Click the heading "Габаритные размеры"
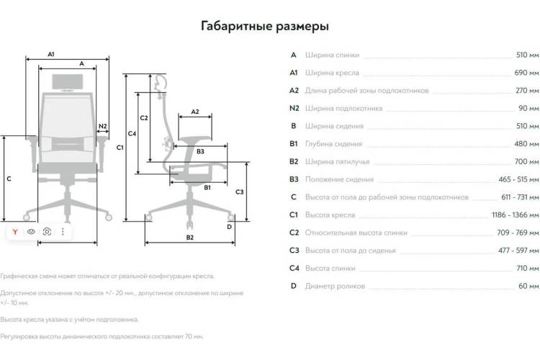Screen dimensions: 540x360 (x=265, y=26)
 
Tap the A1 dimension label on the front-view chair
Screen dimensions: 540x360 (x=51, y=54)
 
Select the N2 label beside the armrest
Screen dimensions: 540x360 (x=103, y=126)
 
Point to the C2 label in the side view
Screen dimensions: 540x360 (x=144, y=118)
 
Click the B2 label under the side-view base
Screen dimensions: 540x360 (x=190, y=238)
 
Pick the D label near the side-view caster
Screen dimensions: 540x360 (x=230, y=227)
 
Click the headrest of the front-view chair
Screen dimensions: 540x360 (x=67, y=81)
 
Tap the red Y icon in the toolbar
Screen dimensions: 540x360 (x=15, y=232)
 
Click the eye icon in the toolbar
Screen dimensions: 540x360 (x=31, y=232)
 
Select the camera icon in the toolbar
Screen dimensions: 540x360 (x=48, y=232)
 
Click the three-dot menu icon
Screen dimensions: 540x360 (x=63, y=232)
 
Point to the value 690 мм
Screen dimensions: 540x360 (x=526, y=73)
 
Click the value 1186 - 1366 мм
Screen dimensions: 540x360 (x=516, y=215)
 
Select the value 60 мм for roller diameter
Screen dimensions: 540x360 (x=528, y=286)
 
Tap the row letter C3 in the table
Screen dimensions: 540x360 (x=294, y=251)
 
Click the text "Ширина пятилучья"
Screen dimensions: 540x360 (x=337, y=161)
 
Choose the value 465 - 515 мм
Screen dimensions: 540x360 (x=518, y=179)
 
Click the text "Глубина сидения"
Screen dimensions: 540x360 (x=333, y=144)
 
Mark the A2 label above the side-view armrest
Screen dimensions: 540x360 (x=195, y=112)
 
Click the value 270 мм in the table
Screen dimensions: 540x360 (x=527, y=91)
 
